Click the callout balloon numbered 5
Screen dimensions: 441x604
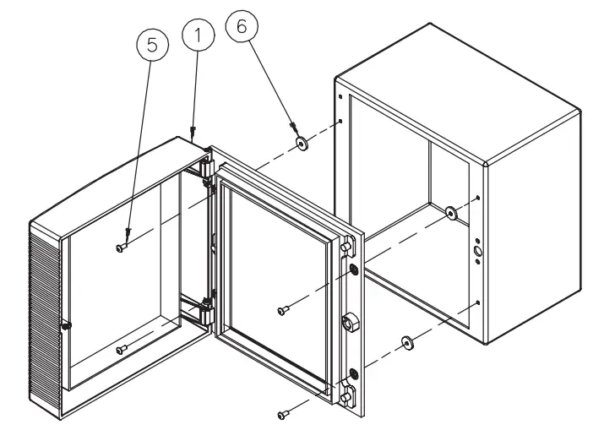click(x=153, y=47)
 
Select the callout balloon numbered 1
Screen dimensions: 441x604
click(x=196, y=35)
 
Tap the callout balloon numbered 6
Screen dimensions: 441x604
click(x=242, y=26)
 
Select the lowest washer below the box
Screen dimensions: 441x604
click(x=408, y=341)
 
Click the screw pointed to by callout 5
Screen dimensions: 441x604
click(x=122, y=248)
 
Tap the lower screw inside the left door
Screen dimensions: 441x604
click(x=122, y=349)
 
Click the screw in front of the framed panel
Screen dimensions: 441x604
click(x=282, y=311)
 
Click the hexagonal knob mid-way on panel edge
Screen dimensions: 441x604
click(x=350, y=323)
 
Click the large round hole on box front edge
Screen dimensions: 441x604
click(x=477, y=251)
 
